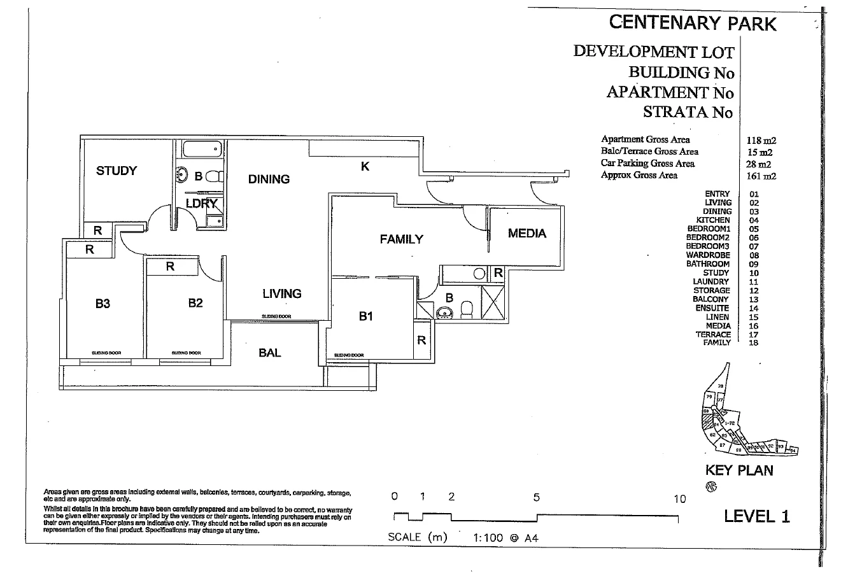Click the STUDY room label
(x=117, y=171)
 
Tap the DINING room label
(x=269, y=180)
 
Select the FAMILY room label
(x=401, y=239)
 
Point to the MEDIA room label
(x=527, y=234)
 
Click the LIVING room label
(x=282, y=293)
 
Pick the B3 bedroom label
(x=102, y=304)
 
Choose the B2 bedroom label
(x=195, y=303)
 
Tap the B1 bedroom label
(x=365, y=316)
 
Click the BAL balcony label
(x=270, y=353)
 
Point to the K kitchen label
(x=365, y=167)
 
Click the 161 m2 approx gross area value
(x=761, y=176)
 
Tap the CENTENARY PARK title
(x=693, y=23)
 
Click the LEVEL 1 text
(x=757, y=516)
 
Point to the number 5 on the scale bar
(x=537, y=498)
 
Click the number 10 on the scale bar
(x=680, y=498)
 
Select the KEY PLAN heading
(x=739, y=470)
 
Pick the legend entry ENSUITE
(x=712, y=308)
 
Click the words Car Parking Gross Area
(x=647, y=164)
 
